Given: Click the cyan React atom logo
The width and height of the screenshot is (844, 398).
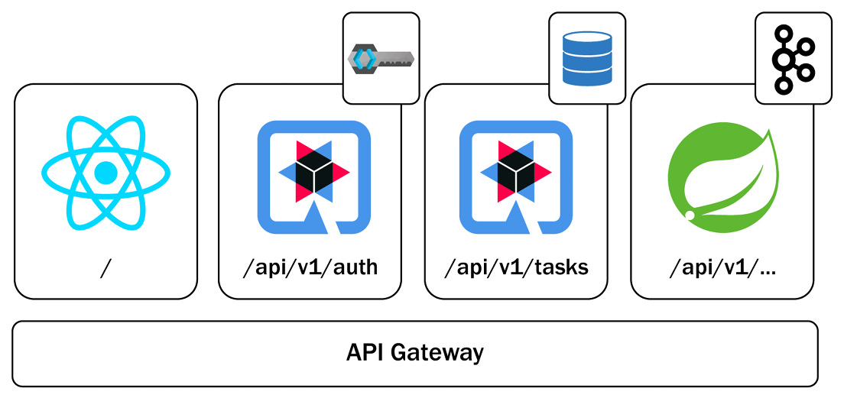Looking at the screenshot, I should coord(105,174).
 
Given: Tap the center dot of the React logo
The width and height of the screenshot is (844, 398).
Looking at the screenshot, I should coord(105,175).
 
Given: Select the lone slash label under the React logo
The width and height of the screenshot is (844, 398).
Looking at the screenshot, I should coord(105,268).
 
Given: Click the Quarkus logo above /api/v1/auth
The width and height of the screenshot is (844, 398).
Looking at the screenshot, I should coord(313,176).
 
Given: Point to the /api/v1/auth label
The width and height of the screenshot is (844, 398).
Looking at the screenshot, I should coord(310,268).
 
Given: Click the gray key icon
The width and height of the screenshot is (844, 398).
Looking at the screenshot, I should coord(380,57).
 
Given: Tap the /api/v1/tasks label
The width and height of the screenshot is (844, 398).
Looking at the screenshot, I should coord(516,268).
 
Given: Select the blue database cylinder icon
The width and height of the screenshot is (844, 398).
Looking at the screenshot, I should coord(586,57).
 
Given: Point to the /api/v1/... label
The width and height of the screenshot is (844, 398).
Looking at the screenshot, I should coord(722,268).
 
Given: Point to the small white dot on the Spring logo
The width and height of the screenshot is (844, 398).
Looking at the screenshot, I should coord(690,216).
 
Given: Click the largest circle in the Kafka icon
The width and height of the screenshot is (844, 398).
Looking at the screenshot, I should coord(784,60).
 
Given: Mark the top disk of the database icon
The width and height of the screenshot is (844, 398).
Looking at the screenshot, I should coord(586,37).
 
